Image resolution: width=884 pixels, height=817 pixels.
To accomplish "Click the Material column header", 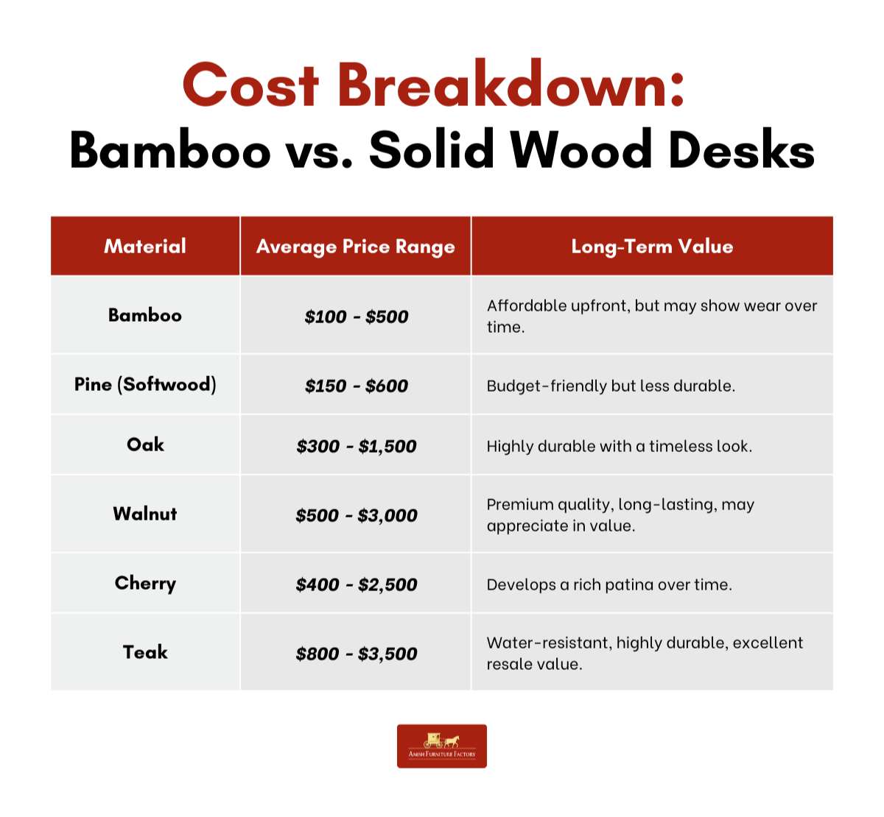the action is tap(145, 246).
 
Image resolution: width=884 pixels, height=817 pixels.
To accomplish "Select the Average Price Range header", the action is tap(356, 247).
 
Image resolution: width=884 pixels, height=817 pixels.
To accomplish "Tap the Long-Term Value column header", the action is tap(652, 247).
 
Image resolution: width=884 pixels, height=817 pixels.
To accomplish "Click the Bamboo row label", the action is tap(145, 315).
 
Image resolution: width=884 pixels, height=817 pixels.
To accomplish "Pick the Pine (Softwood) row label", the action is tap(145, 385).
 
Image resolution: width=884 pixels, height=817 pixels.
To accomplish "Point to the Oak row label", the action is tap(145, 445).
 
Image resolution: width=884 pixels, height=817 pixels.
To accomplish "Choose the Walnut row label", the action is tap(145, 514).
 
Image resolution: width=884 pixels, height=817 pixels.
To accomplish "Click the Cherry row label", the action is tap(145, 584).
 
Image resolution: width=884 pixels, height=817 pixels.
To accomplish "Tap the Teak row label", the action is tap(145, 652).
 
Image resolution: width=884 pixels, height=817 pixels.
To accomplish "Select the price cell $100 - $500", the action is tap(356, 316).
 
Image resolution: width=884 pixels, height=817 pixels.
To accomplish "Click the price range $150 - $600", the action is tap(356, 386).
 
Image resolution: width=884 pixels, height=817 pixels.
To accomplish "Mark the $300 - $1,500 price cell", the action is tap(356, 446).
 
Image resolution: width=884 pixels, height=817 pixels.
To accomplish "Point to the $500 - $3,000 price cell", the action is tap(356, 515).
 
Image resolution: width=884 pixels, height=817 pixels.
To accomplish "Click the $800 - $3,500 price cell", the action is tap(356, 654).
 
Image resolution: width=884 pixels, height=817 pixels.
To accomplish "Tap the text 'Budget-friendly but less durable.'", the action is tap(611, 386).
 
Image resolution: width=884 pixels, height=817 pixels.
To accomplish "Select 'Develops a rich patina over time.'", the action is tap(609, 585).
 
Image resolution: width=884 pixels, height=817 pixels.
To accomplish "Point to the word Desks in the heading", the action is tap(742, 149).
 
